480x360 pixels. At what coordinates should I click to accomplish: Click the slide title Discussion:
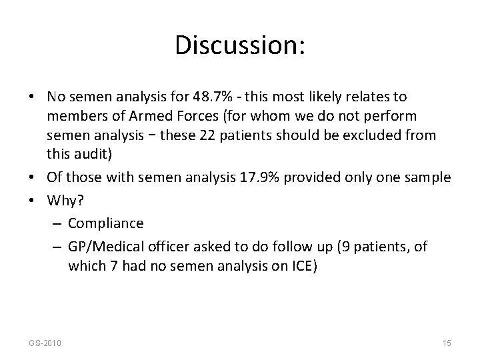point(240,45)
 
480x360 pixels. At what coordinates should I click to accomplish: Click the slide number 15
point(447,343)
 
